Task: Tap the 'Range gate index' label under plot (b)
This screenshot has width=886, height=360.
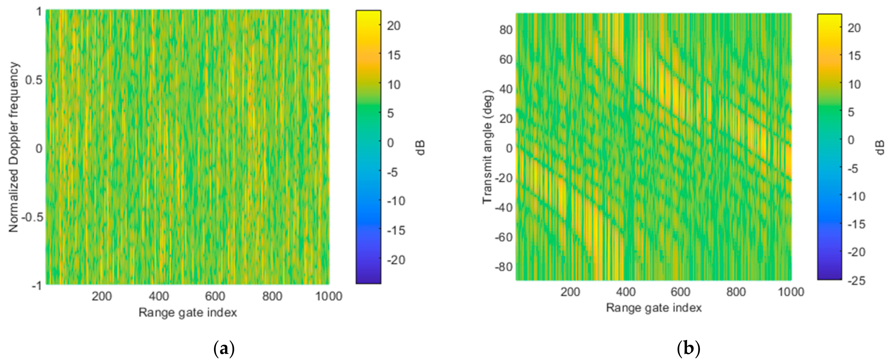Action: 654,308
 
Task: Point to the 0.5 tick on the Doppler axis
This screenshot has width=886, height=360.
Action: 34,80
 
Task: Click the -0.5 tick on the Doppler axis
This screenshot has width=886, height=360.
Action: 32,217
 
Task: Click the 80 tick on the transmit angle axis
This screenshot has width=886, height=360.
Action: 506,30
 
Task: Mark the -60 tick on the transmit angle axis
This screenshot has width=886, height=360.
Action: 504,237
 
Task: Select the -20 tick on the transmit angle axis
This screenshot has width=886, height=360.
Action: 504,178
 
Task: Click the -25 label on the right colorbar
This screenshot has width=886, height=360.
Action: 856,281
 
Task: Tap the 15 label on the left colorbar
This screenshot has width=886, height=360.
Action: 394,55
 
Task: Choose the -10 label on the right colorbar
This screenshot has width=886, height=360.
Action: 856,197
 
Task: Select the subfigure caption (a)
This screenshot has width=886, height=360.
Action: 224,349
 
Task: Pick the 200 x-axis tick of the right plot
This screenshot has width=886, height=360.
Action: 570,292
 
